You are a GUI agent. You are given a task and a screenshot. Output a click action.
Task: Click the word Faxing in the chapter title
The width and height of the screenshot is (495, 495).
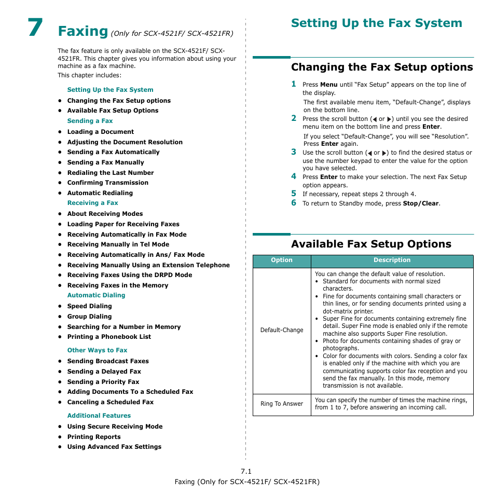click(83, 31)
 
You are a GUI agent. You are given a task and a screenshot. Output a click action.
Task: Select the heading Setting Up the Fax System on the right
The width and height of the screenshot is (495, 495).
click(376, 23)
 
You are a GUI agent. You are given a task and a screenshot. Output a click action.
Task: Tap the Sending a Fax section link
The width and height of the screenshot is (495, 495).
click(90, 121)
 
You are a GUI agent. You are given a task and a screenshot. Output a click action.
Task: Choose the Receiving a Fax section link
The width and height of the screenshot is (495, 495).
click(92, 203)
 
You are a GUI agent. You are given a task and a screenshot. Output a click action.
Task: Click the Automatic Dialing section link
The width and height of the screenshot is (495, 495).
click(96, 295)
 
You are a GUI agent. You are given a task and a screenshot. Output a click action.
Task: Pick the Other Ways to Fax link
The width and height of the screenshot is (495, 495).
click(97, 350)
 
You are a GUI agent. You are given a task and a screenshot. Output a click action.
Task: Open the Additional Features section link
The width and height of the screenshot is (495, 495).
click(99, 416)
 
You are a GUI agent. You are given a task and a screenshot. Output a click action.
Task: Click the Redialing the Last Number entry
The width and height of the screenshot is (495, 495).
click(111, 173)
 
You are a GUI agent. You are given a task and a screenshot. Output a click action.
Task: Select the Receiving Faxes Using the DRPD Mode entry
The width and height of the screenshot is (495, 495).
click(129, 275)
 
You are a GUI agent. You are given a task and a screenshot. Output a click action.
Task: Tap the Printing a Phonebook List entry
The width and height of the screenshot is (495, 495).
click(109, 337)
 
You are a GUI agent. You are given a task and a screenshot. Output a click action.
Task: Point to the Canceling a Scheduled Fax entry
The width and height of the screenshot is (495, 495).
click(110, 402)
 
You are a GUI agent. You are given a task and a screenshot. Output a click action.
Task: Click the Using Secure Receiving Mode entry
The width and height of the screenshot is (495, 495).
click(115, 427)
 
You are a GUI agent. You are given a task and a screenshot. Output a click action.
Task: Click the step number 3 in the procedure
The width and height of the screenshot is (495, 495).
click(293, 152)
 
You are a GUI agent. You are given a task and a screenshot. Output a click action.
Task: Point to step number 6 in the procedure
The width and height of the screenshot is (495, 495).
click(293, 203)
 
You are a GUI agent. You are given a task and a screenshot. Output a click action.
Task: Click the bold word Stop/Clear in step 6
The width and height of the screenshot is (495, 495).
click(421, 203)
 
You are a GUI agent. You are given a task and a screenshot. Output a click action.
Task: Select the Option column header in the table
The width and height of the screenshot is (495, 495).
click(282, 260)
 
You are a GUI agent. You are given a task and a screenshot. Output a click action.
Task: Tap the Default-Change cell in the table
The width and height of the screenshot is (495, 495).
click(282, 330)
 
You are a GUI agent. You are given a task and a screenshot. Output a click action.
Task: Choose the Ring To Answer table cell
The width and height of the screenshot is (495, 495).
click(282, 404)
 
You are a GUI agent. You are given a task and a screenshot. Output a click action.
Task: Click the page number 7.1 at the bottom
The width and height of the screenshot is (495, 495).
click(246, 471)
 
